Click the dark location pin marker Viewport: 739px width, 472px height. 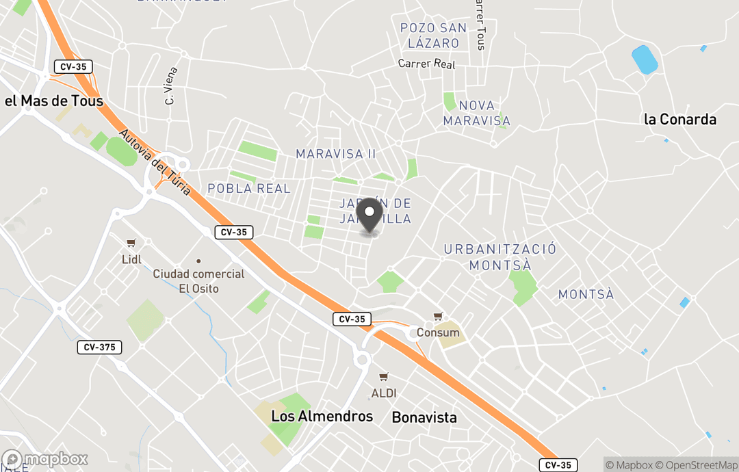[x=369, y=215]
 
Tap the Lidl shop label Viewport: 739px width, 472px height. [x=131, y=259]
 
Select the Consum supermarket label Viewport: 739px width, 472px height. [x=438, y=333]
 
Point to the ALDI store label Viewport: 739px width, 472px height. [x=384, y=393]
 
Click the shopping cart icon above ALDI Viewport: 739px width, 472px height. [x=384, y=377]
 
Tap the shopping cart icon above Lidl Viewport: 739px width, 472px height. [x=131, y=243]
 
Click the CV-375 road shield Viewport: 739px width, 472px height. [x=99, y=348]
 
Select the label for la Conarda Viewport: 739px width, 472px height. [x=679, y=119]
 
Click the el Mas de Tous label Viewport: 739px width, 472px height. [x=54, y=101]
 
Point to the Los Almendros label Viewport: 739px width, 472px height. [x=322, y=416]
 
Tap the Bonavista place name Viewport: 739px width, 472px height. [x=424, y=417]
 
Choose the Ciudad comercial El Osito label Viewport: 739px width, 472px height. [x=198, y=281]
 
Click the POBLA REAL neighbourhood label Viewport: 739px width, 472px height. [x=249, y=188]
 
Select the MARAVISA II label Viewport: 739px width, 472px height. [x=336, y=154]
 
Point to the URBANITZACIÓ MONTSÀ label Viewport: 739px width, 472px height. [x=500, y=257]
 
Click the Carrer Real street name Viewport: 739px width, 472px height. [x=427, y=64]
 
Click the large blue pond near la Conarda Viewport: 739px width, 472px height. [x=645, y=60]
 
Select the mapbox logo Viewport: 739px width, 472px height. [x=45, y=459]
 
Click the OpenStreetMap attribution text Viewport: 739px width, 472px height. [x=697, y=466]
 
